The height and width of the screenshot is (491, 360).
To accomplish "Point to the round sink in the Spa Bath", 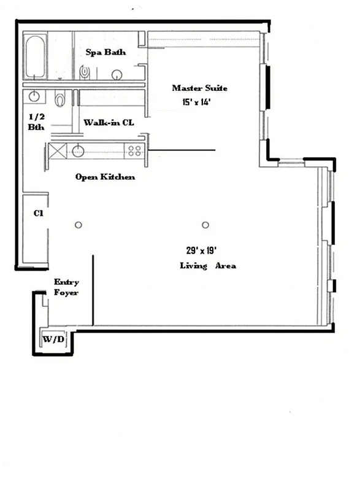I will tap(117, 74).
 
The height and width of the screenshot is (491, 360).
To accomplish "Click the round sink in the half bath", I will tap(34, 97).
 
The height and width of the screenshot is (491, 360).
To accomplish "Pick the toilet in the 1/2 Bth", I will tap(60, 98).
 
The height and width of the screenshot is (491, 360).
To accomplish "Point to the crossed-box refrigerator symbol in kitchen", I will tap(58, 150).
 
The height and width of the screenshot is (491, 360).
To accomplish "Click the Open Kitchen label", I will tap(105, 177).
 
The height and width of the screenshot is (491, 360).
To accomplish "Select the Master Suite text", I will tap(194, 88).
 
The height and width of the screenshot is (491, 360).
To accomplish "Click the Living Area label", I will tap(207, 266).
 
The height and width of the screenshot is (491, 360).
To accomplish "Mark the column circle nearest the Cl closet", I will tap(78, 225).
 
